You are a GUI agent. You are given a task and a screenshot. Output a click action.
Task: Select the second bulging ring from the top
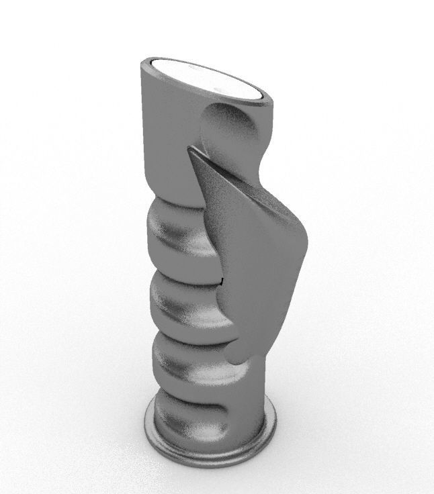pos(178,299)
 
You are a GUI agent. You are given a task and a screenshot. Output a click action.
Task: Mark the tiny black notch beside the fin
pos(221,279)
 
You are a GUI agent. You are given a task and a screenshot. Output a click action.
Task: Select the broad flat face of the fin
pos(255,268)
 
